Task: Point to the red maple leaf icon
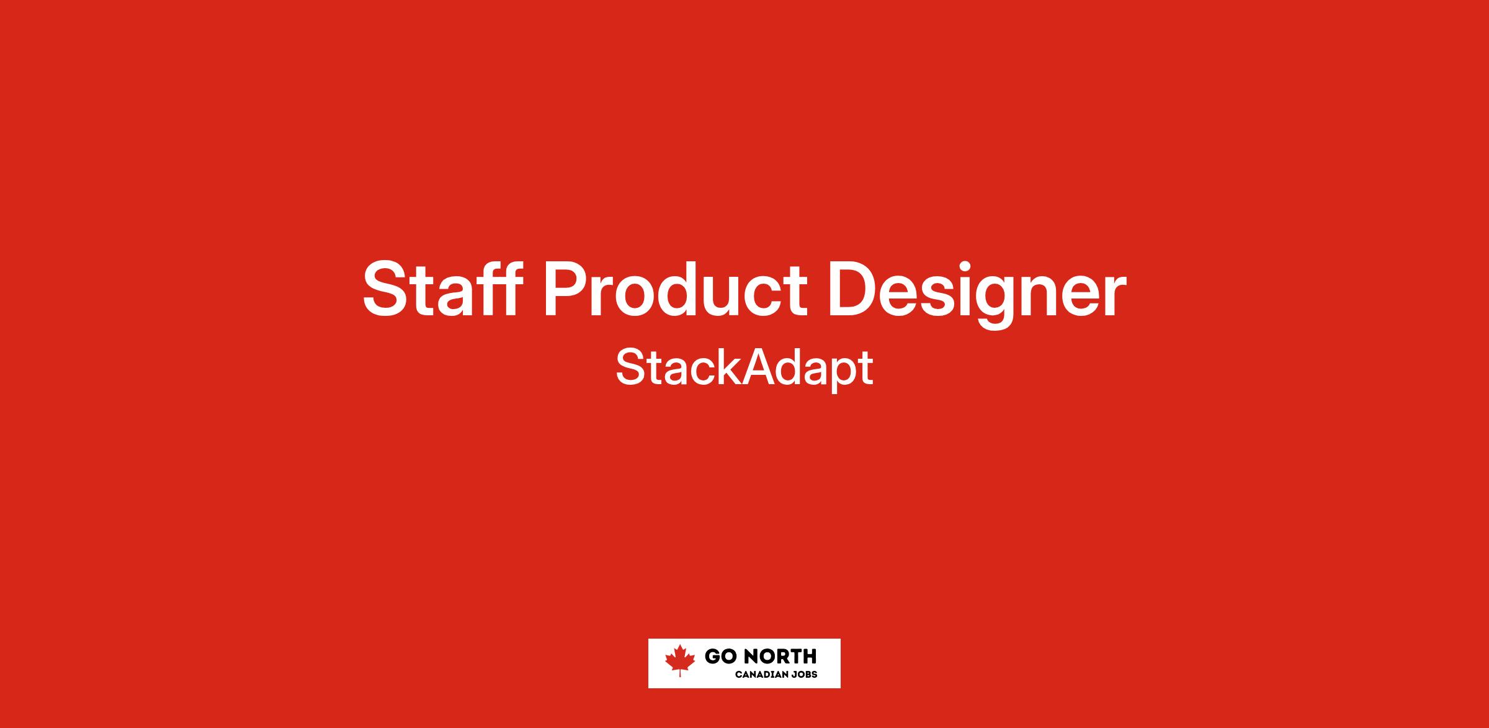(x=680, y=660)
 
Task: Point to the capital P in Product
(x=568, y=289)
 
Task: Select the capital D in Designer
(x=855, y=289)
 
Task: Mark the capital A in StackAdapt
(x=759, y=367)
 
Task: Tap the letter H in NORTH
(x=809, y=656)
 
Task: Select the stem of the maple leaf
(x=680, y=673)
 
